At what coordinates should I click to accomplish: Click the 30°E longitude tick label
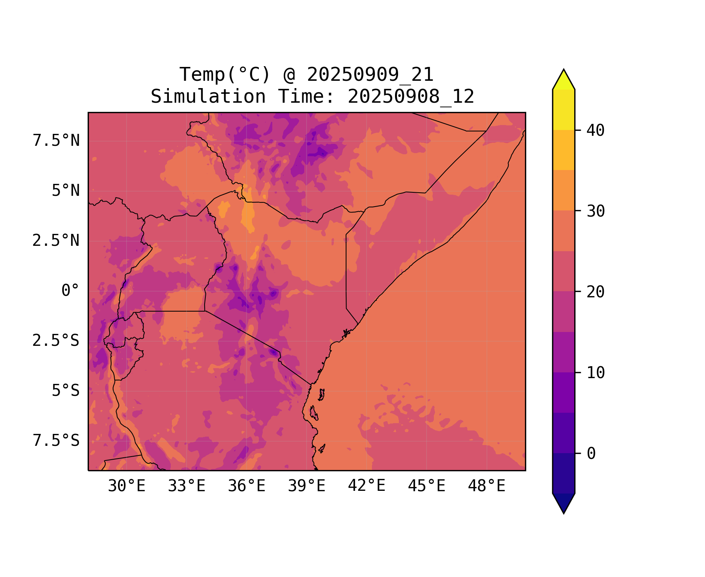[x=127, y=486]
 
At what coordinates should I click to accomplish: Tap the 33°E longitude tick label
[x=187, y=486]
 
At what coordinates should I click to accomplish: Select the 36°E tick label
[x=247, y=486]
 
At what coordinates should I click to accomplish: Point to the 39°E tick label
[x=307, y=486]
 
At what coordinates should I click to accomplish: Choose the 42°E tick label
[x=367, y=486]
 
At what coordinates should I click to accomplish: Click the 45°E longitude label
[x=427, y=486]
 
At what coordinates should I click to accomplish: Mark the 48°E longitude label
[x=487, y=486]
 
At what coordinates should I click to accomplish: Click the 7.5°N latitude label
[x=56, y=141]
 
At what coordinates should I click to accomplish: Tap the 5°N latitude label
[x=66, y=191]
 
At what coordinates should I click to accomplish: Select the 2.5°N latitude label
[x=56, y=241]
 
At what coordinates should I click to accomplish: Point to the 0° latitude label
[x=70, y=291]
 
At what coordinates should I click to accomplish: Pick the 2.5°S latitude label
[x=56, y=341]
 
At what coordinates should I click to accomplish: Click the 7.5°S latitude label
[x=56, y=441]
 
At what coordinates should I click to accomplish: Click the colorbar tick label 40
[x=595, y=130]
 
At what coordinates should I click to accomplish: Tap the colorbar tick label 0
[x=591, y=454]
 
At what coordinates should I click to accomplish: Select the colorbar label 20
[x=595, y=292]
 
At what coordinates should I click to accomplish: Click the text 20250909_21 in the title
[x=370, y=75]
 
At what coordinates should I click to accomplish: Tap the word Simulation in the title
[x=208, y=97]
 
